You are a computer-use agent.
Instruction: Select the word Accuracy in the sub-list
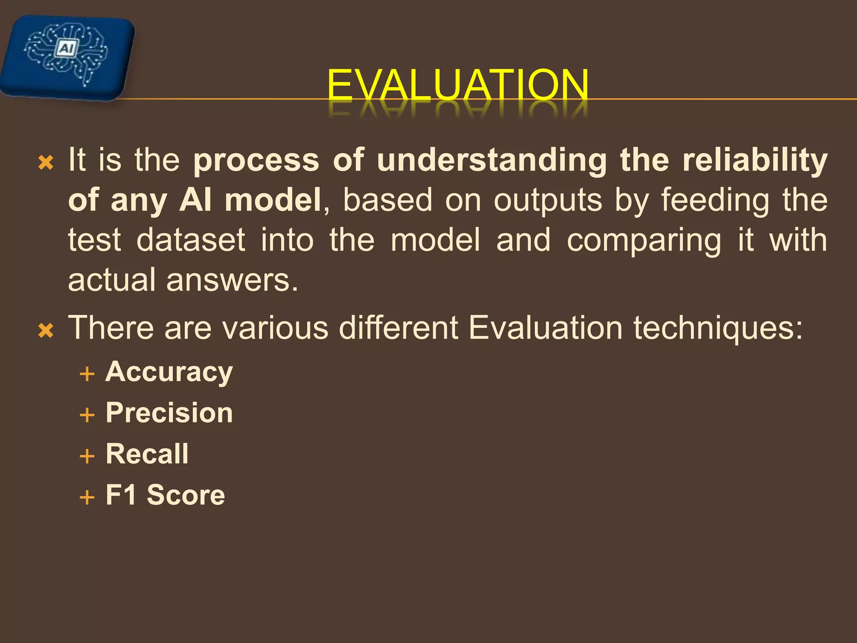click(x=169, y=372)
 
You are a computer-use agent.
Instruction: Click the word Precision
click(x=169, y=413)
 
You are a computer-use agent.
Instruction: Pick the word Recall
click(x=147, y=454)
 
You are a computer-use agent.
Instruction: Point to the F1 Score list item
click(x=165, y=495)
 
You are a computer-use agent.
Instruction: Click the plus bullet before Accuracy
click(x=87, y=374)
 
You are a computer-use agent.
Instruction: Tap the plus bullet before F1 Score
click(x=87, y=497)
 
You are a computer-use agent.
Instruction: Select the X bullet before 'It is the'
click(x=46, y=162)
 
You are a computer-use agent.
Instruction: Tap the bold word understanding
click(x=492, y=160)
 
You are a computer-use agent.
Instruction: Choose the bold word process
click(x=257, y=161)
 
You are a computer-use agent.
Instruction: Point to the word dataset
click(x=191, y=240)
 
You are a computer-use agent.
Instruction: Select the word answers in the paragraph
click(x=232, y=280)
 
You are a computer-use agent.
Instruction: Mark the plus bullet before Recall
click(x=87, y=456)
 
